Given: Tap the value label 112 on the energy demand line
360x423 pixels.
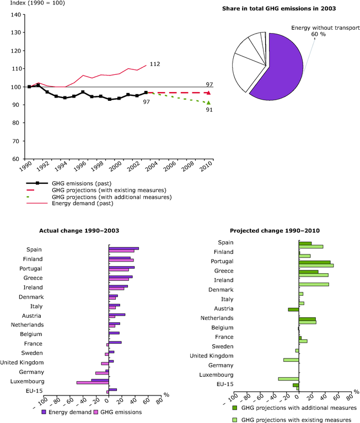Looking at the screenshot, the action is [x=155, y=64].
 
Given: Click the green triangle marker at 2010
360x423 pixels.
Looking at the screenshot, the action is [x=208, y=102].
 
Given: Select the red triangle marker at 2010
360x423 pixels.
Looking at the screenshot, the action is [x=208, y=93].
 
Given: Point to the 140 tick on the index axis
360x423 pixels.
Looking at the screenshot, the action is [x=16, y=14].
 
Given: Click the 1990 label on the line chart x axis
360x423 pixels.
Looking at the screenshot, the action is [x=26, y=166].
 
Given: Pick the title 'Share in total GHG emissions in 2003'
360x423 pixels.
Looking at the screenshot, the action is [x=279, y=9].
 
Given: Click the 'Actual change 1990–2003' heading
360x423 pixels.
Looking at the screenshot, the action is [x=79, y=231].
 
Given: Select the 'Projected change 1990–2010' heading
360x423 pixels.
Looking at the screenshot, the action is [x=275, y=231].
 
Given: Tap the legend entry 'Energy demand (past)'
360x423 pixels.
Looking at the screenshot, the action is [x=83, y=203].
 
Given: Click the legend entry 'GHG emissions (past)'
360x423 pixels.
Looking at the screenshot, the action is [x=82, y=183].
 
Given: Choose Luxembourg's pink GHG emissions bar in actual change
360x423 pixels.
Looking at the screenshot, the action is [x=93, y=383].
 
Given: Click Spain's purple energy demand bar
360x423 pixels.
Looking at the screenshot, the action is [x=123, y=248].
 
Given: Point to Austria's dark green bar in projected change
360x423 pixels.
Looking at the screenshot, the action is [x=293, y=310].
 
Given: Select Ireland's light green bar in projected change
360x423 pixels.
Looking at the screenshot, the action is [x=314, y=284].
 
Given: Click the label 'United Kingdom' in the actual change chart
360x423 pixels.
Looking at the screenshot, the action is [x=22, y=362].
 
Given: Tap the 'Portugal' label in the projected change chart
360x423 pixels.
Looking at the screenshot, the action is [x=222, y=261].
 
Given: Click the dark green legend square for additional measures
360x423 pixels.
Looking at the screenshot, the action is [x=235, y=408].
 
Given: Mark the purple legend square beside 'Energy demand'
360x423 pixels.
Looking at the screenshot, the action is [x=44, y=412].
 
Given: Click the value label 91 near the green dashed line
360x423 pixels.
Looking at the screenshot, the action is [x=209, y=110].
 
